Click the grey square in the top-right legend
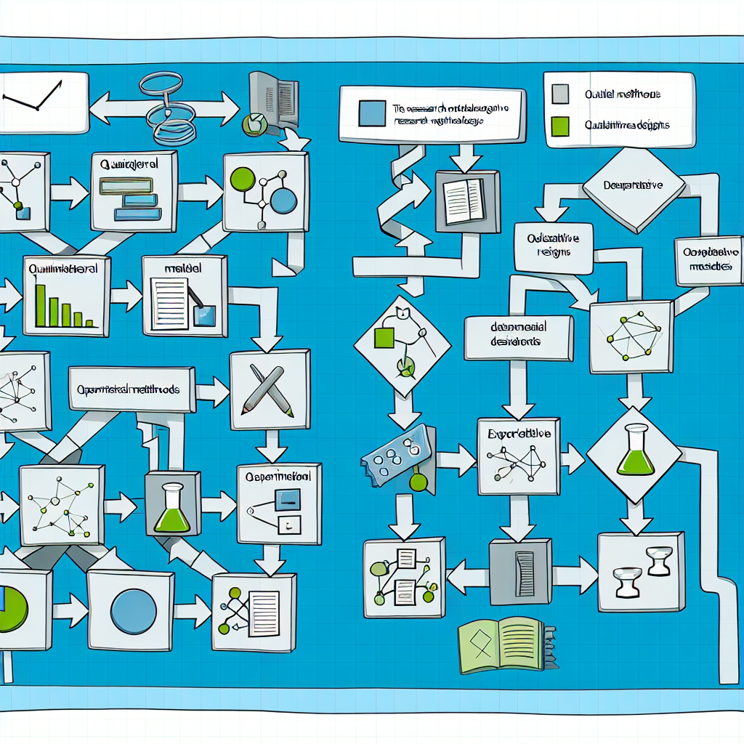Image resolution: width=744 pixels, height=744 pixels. tap(560, 94)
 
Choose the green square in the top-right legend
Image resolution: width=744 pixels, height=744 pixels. tap(560, 125)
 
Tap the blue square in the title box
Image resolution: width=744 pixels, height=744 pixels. tap(373, 113)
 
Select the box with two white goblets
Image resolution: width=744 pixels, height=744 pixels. tap(640, 572)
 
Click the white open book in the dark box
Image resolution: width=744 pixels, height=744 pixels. tap(465, 201)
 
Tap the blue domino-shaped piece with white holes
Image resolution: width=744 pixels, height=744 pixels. tap(397, 455)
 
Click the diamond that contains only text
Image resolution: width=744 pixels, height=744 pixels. tap(633, 185)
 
